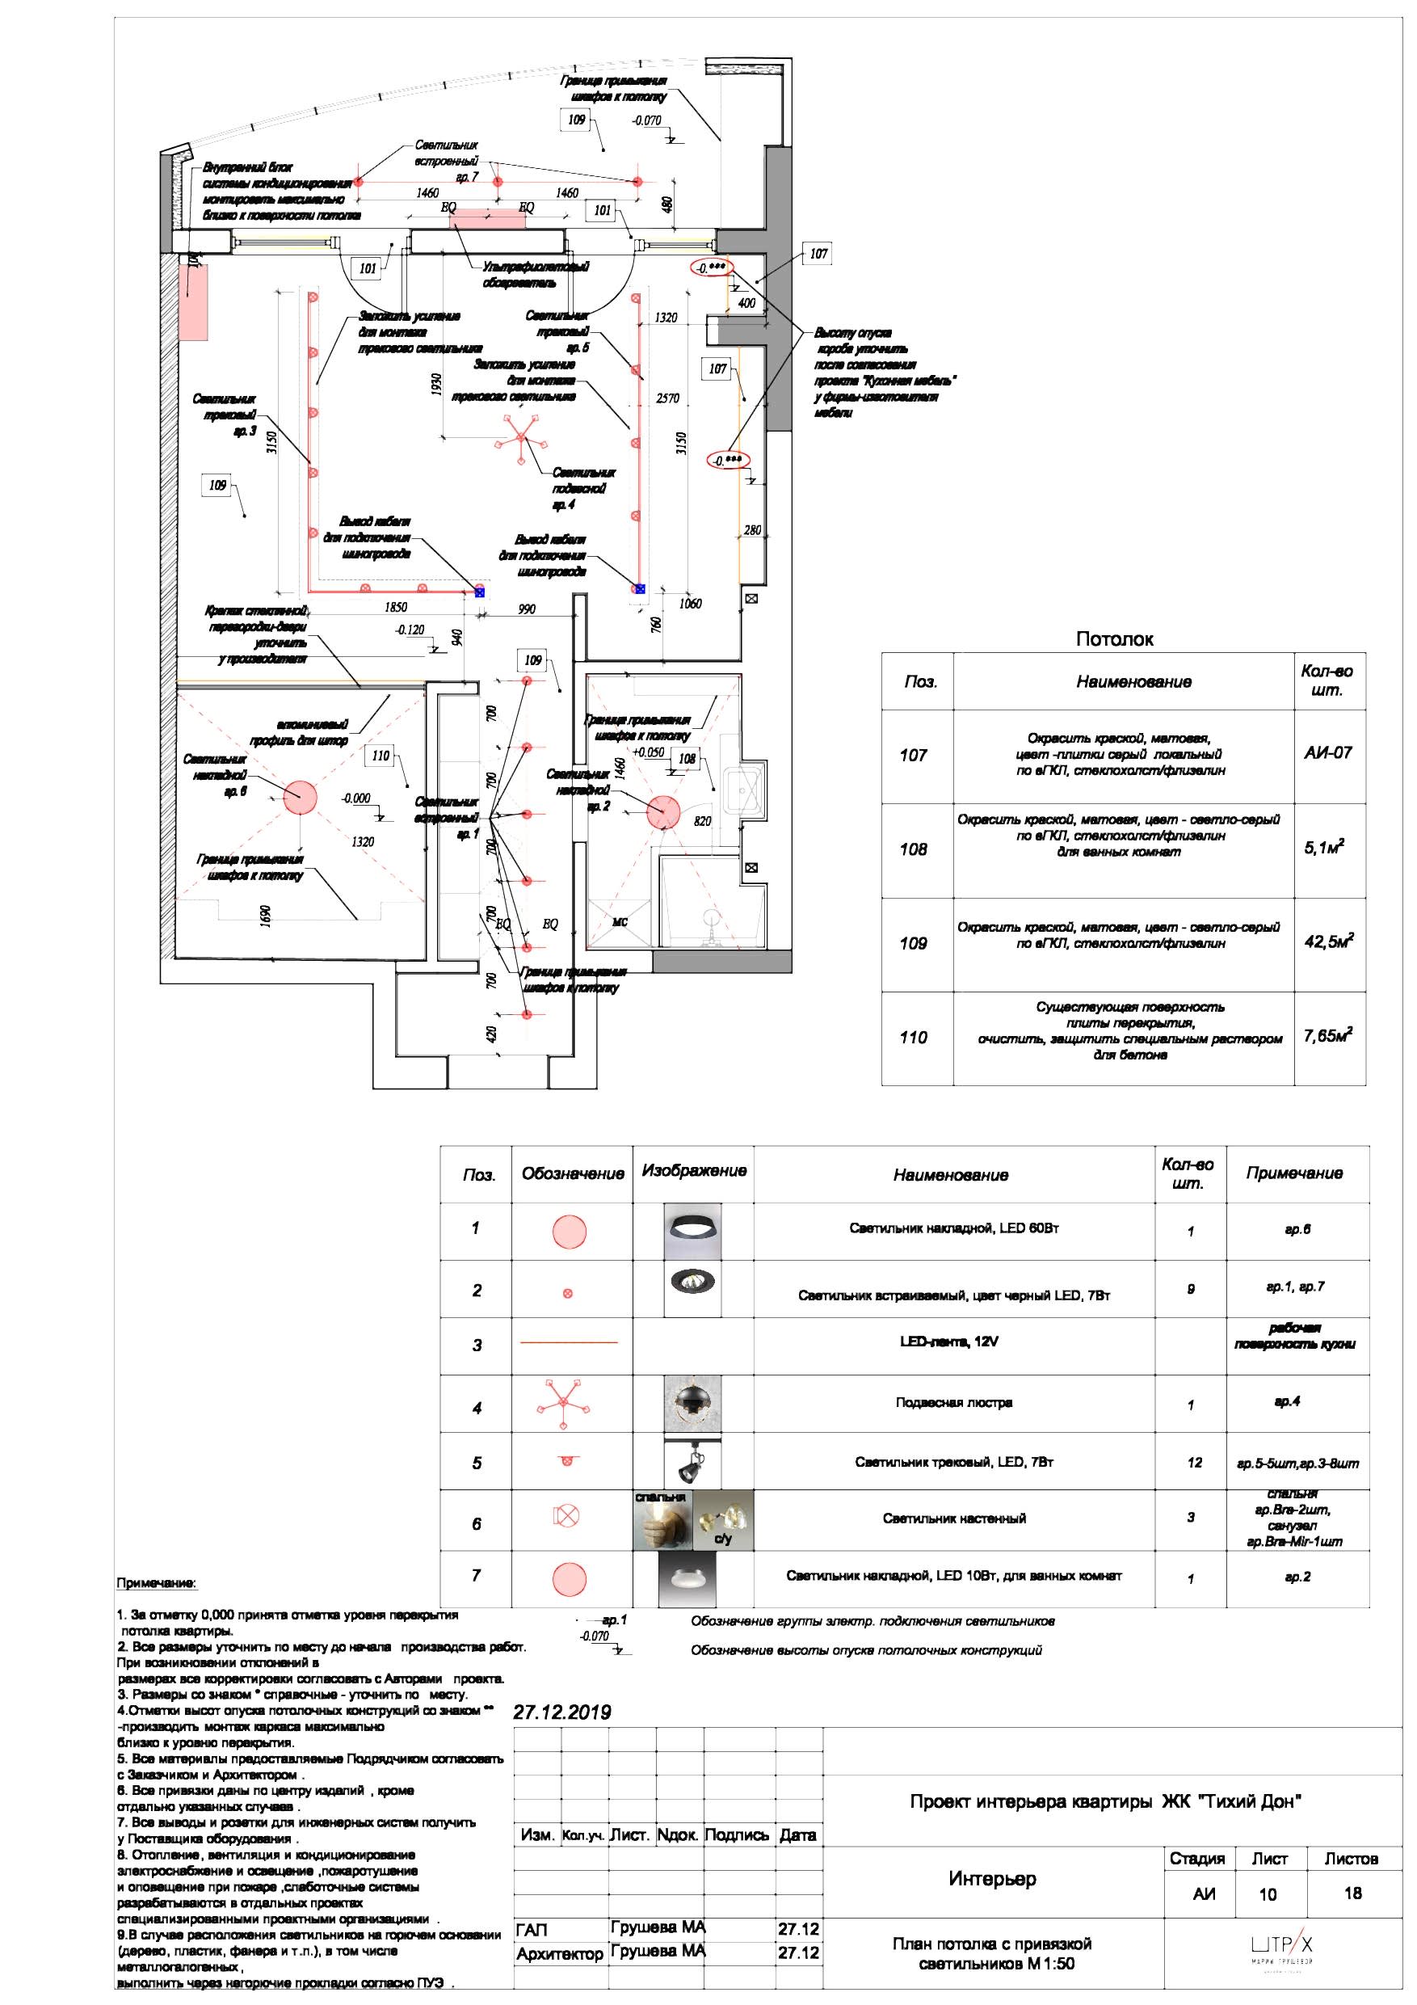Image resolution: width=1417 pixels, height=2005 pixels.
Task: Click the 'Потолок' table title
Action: (x=1113, y=639)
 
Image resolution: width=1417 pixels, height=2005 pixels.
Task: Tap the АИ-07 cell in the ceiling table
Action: (x=1328, y=752)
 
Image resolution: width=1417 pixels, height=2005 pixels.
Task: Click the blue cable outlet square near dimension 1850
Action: (x=479, y=592)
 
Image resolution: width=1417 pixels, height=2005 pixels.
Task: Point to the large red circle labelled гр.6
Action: (x=300, y=798)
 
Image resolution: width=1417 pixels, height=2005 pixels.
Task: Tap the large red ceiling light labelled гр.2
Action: (x=662, y=811)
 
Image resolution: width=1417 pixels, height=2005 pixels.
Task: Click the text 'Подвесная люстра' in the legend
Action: (x=953, y=1403)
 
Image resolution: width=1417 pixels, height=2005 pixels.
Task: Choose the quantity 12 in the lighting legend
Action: (x=1194, y=1463)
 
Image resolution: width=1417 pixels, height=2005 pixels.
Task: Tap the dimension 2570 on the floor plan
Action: (x=667, y=398)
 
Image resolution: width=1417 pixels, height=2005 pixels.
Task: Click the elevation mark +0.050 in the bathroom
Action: (x=648, y=752)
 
